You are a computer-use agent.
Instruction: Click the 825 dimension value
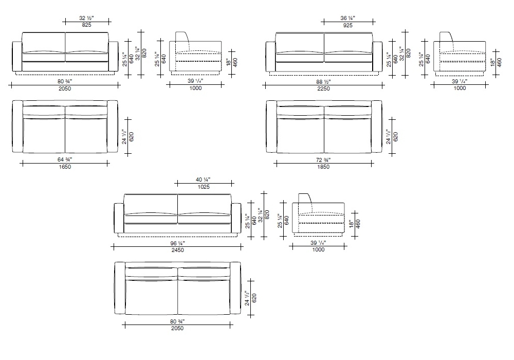(86, 25)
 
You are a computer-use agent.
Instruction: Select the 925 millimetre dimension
(348, 25)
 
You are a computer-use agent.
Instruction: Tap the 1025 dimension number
(204, 187)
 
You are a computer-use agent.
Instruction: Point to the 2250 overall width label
(323, 88)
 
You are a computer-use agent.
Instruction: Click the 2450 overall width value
(178, 250)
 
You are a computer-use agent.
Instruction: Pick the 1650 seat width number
(65, 167)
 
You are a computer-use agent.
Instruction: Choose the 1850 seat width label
(323, 167)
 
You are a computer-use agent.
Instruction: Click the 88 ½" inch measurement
(323, 82)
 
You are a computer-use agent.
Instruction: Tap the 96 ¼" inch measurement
(178, 244)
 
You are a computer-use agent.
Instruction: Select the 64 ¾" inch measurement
(65, 159)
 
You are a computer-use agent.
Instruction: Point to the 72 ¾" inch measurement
(323, 160)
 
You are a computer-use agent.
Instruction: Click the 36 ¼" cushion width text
(348, 19)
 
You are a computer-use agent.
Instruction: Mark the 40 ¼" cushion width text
(203, 179)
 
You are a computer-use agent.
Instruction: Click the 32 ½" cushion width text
(86, 18)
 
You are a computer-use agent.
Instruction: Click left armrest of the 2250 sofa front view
(271, 57)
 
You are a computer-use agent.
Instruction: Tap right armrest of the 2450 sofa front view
(236, 218)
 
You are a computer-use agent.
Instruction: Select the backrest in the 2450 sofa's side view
(305, 203)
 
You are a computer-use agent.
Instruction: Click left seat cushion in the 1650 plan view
(44, 134)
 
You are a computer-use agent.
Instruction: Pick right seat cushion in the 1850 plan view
(348, 134)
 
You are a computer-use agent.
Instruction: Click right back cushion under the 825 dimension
(87, 43)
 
